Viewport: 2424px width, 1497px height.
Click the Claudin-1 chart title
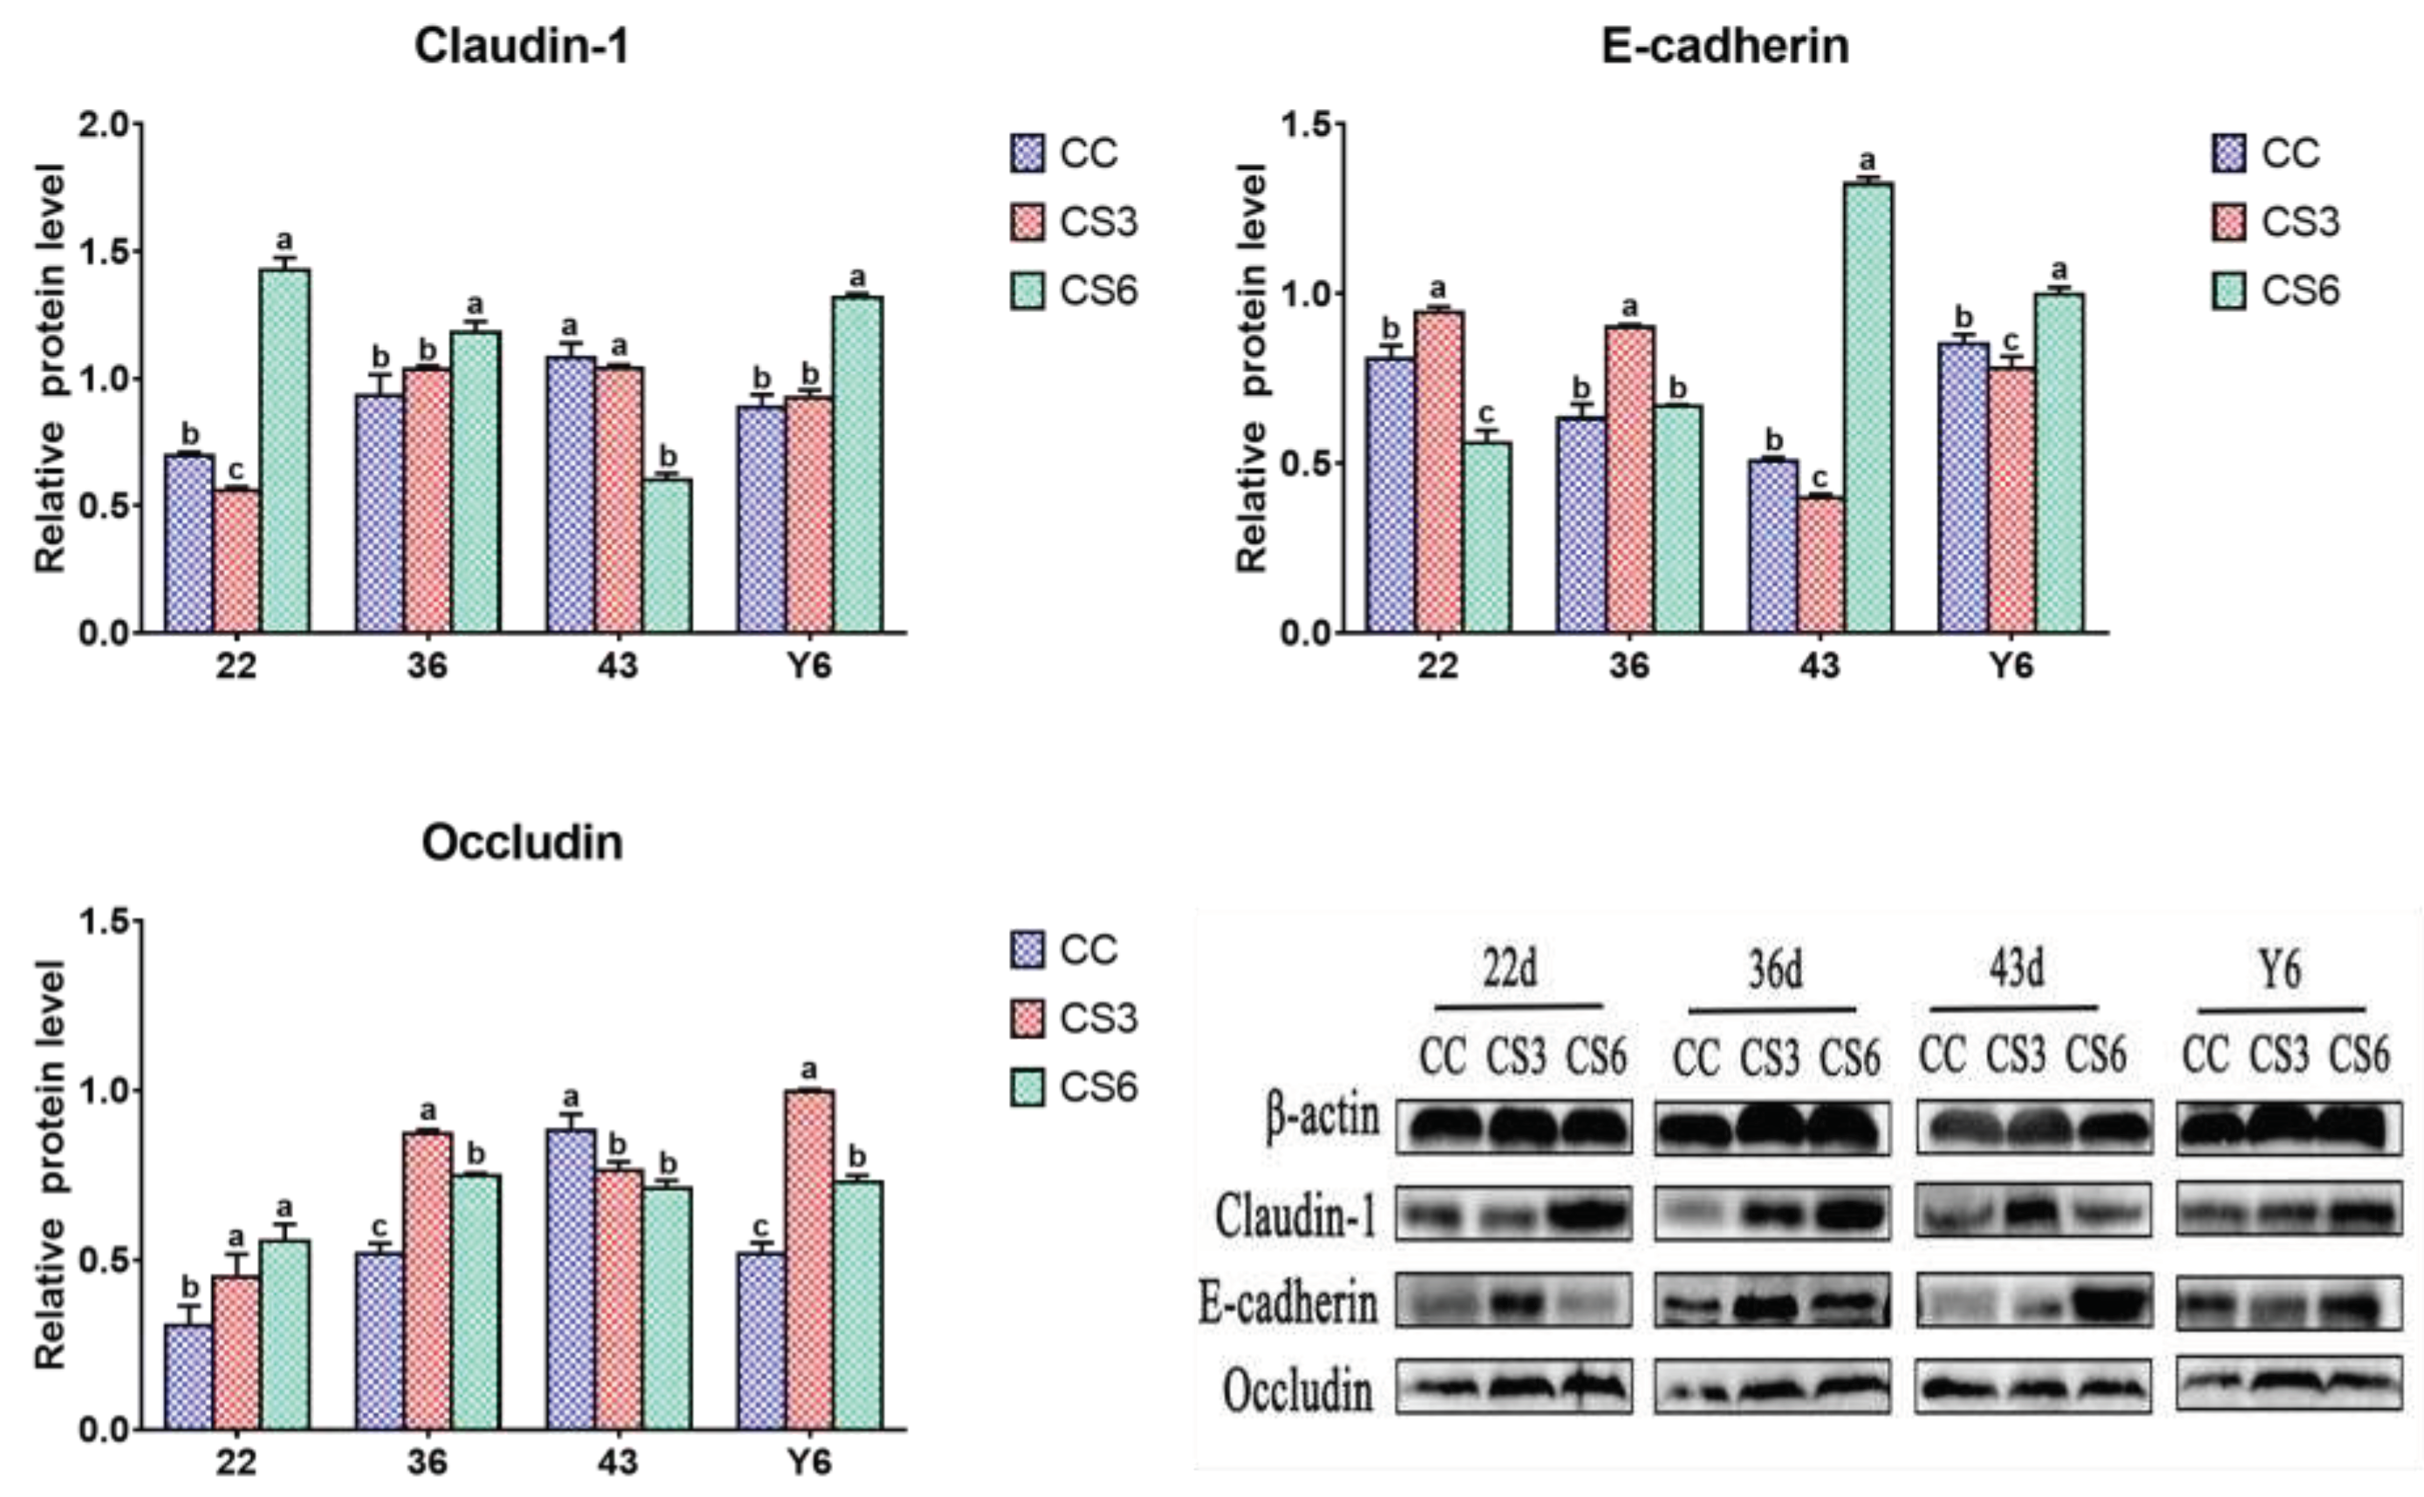[522, 45]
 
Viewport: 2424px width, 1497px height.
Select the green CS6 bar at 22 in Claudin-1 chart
[285, 451]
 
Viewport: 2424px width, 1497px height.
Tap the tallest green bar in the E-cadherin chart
[1868, 406]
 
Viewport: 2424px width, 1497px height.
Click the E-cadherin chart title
[1724, 45]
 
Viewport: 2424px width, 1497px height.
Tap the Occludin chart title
[522, 842]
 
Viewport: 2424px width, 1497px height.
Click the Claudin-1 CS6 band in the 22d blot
[1590, 1213]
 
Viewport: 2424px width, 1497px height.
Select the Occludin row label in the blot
[1297, 1391]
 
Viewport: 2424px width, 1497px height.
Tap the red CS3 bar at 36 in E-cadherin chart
[1629, 478]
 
